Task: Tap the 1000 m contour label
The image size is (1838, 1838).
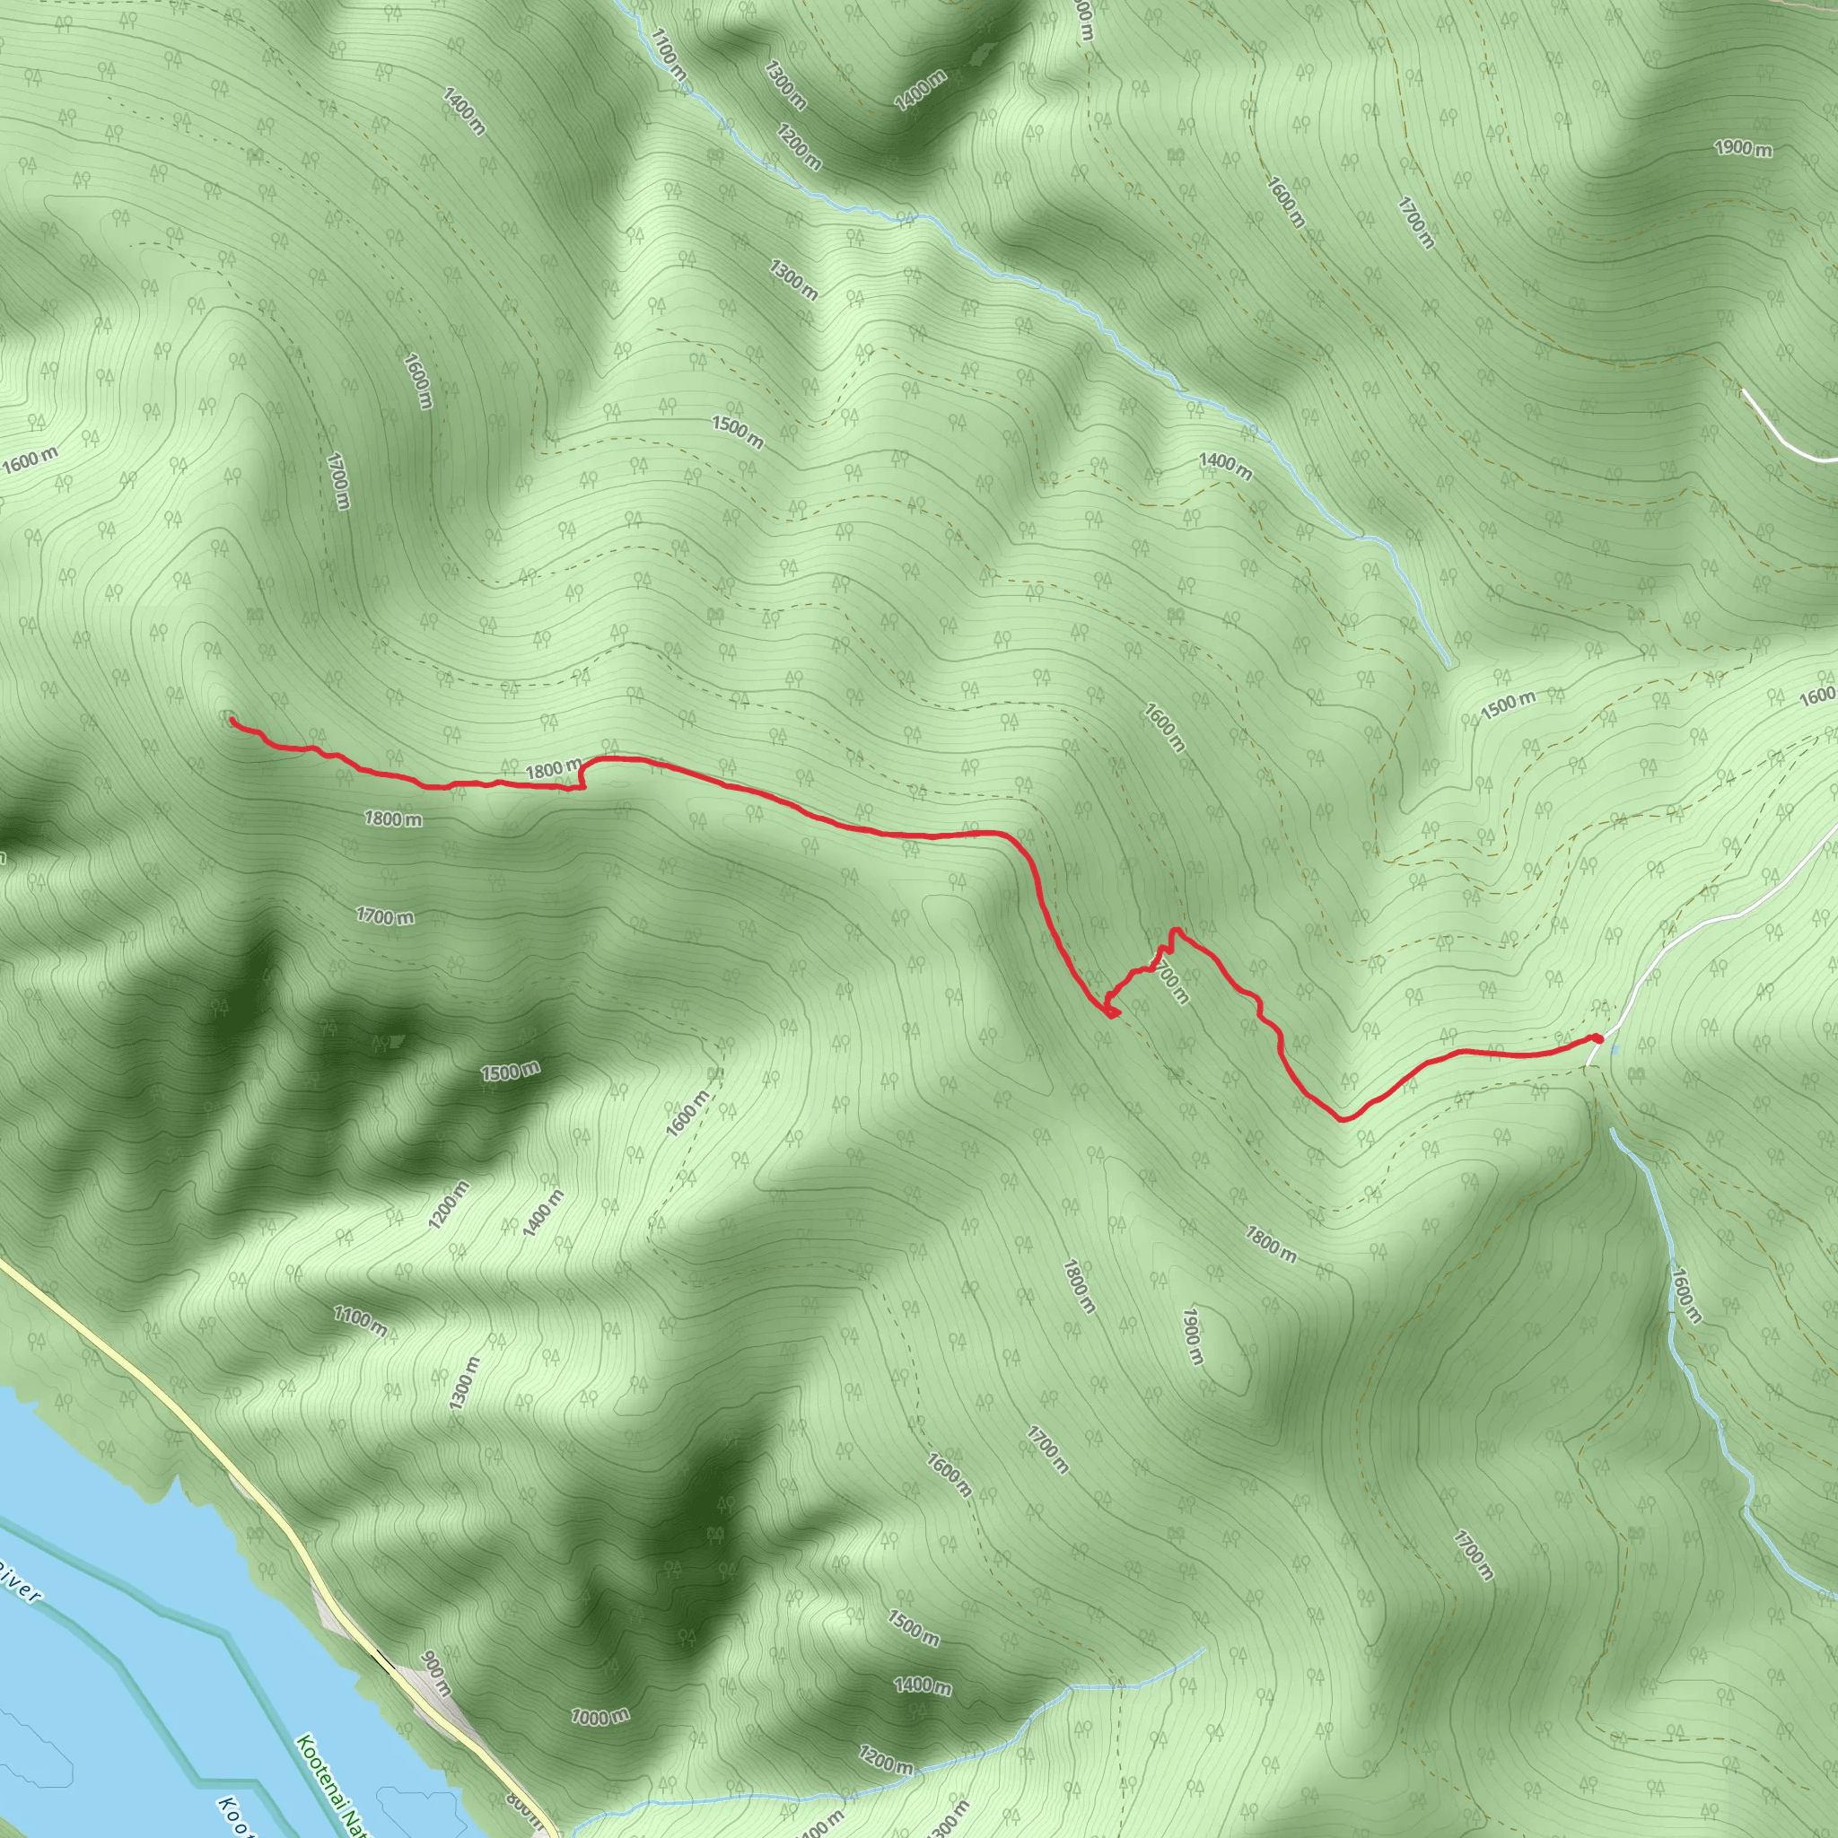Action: [x=600, y=1717]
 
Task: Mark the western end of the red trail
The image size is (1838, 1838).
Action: [x=232, y=722]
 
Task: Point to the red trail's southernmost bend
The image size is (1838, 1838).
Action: [x=1343, y=1120]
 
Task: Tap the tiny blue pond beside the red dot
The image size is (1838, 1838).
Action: [x=1615, y=1050]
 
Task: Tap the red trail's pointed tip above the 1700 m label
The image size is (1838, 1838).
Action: [x=1177, y=930]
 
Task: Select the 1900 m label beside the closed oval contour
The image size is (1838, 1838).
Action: [x=1192, y=1335]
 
